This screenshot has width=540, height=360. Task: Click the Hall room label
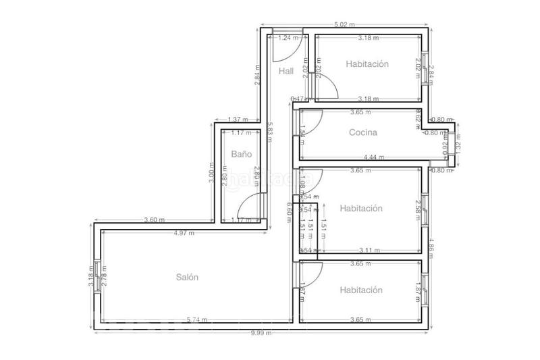286,71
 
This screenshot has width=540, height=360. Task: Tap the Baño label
241,154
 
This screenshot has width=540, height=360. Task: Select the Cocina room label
363,133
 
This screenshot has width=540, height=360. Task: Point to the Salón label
187,277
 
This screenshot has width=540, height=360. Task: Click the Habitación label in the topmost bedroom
367,64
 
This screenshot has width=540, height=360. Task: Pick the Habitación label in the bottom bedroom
361,290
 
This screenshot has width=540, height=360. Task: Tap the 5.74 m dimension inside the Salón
196,319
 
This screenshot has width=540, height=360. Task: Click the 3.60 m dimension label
155,220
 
